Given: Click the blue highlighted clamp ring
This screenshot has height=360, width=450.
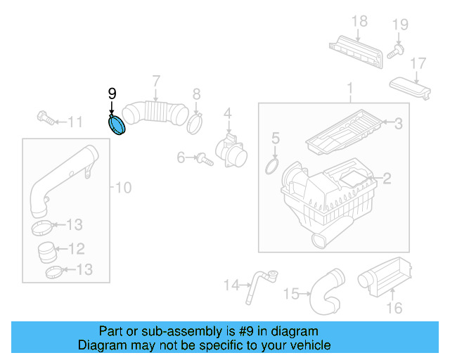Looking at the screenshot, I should (116, 125).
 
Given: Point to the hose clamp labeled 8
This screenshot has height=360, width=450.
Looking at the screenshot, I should (195, 124).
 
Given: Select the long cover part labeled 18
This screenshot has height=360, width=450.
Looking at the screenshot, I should (356, 49).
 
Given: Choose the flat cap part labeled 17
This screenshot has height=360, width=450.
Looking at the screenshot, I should (411, 89).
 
